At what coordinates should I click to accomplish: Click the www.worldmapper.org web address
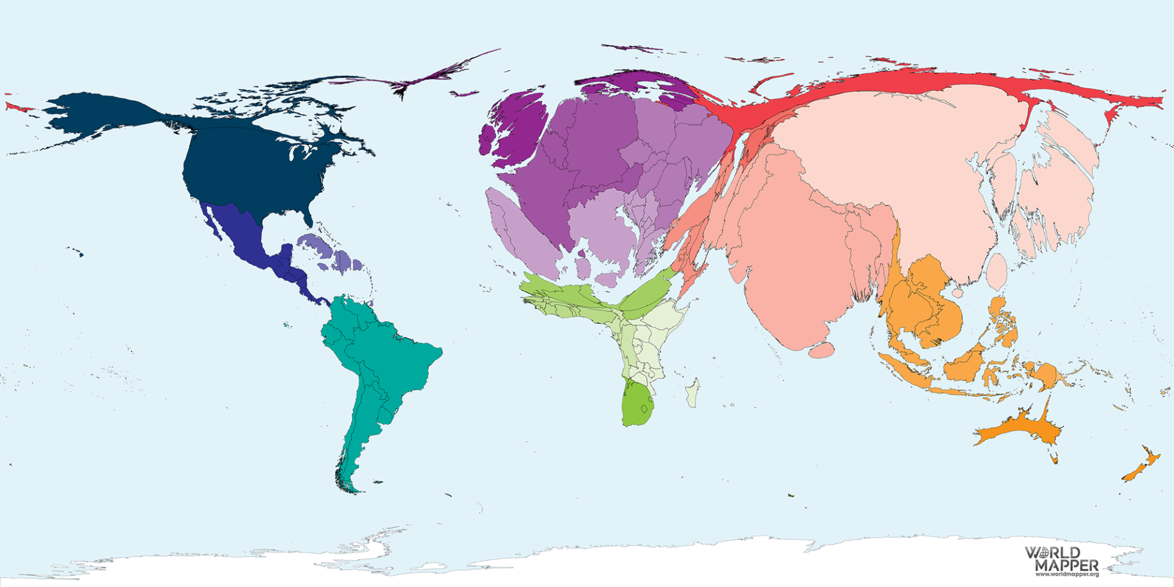pos(1066,574)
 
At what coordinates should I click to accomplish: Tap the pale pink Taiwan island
pos(997,272)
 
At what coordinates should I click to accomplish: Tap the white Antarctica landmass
pos(611,559)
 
